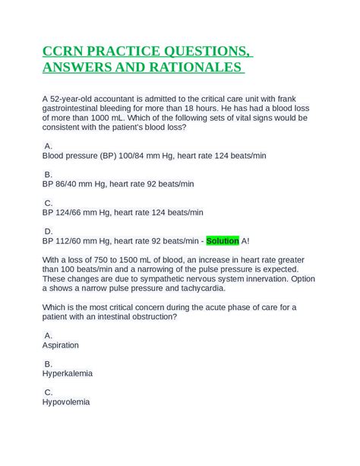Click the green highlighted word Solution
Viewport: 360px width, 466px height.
click(x=223, y=241)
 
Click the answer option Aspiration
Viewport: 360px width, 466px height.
click(x=61, y=345)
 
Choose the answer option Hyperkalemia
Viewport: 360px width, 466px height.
click(x=66, y=373)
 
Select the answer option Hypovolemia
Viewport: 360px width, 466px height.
click(x=66, y=402)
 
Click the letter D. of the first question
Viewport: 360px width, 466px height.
click(x=49, y=231)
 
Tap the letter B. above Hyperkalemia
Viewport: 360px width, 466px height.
click(x=49, y=364)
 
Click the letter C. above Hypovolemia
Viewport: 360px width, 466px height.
click(x=49, y=392)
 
